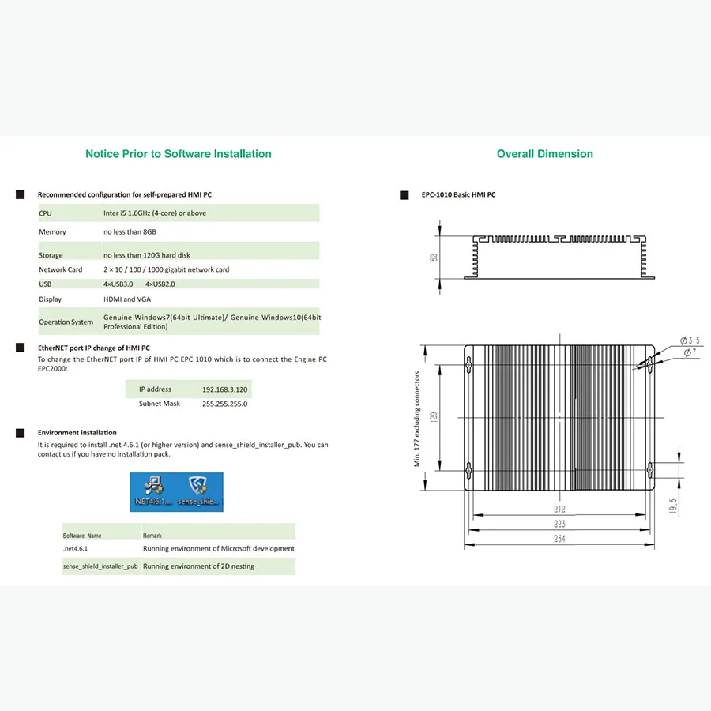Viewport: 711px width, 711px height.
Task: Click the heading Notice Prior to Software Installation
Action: click(x=178, y=154)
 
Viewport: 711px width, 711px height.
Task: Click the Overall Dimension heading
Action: click(x=544, y=154)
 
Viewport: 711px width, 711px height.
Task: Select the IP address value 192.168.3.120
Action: click(x=225, y=389)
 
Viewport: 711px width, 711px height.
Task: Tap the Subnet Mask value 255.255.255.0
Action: click(x=225, y=404)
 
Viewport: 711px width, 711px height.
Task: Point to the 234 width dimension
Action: click(x=559, y=540)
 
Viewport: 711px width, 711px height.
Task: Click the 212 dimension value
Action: click(x=559, y=510)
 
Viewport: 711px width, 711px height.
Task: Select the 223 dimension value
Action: click(x=559, y=525)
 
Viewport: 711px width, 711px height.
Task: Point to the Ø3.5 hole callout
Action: click(x=690, y=340)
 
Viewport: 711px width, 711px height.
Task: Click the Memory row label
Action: click(x=53, y=232)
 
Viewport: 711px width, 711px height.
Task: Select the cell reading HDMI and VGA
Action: click(x=126, y=299)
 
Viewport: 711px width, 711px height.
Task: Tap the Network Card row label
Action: click(x=61, y=269)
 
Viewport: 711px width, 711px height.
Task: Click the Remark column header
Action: click(x=152, y=536)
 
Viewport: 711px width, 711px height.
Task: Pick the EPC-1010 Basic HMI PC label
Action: click(x=458, y=194)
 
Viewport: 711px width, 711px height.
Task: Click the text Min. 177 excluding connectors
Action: click(x=417, y=419)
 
